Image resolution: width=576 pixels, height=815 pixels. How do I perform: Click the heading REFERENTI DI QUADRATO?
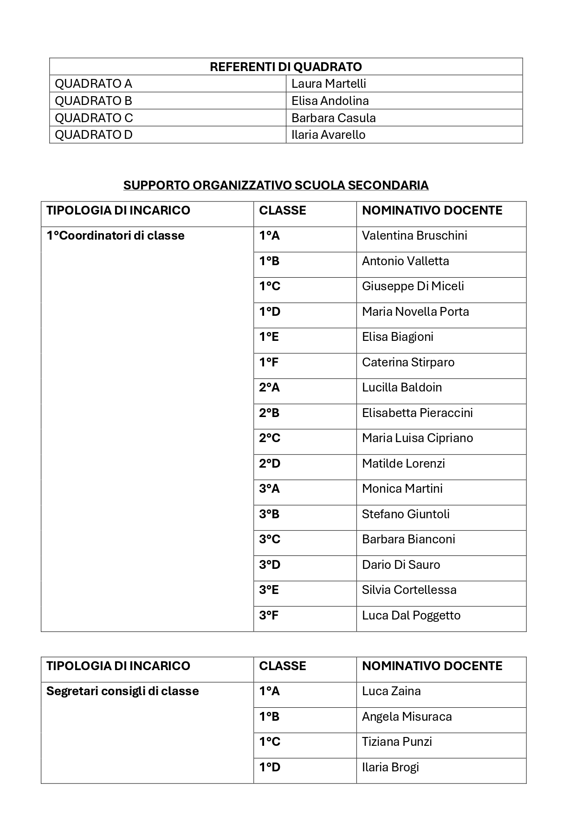click(x=285, y=67)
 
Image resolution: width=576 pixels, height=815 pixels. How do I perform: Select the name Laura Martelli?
click(x=329, y=84)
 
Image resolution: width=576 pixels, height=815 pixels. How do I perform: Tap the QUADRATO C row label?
click(x=94, y=118)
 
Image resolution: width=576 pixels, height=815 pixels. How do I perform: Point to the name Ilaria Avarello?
click(x=328, y=135)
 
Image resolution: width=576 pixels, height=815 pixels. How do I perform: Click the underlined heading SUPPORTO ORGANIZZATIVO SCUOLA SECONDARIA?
click(x=276, y=185)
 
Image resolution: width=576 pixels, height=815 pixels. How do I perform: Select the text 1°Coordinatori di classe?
click(x=116, y=236)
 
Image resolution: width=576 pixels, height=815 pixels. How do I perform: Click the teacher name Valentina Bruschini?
click(x=414, y=235)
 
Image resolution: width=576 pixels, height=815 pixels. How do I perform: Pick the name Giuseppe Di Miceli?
click(x=413, y=286)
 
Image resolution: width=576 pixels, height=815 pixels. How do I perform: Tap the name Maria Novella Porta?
click(x=415, y=312)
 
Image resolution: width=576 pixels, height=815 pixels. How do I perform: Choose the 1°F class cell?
click(x=269, y=362)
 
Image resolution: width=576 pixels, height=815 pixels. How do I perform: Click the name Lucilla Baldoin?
click(x=402, y=387)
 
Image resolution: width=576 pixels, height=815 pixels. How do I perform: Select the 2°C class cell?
click(x=270, y=438)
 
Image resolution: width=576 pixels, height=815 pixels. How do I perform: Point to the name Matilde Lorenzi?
click(x=403, y=463)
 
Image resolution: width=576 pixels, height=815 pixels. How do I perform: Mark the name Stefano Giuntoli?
click(x=406, y=514)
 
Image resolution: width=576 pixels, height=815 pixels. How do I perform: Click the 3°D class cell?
click(x=270, y=565)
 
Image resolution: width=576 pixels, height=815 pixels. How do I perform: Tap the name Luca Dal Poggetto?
click(x=411, y=615)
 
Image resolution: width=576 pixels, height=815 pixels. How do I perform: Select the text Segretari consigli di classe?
click(x=123, y=691)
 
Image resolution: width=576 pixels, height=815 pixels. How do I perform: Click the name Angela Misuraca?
click(x=407, y=717)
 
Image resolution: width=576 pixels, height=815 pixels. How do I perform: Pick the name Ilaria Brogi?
click(x=390, y=767)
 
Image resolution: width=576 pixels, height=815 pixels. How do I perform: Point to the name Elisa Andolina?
click(x=330, y=101)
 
